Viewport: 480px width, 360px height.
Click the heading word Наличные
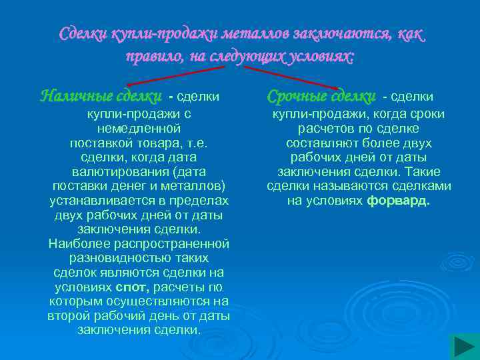[x=72, y=96]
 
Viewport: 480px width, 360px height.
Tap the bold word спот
[x=133, y=287]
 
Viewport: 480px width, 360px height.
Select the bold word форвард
[x=399, y=200]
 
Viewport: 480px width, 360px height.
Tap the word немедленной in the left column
[x=139, y=129]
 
